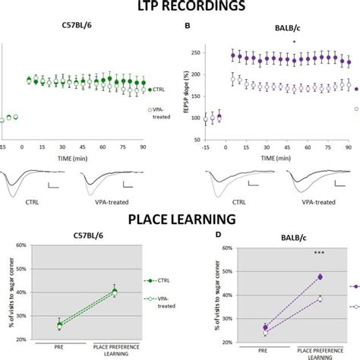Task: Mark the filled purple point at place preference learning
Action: point(320,276)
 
